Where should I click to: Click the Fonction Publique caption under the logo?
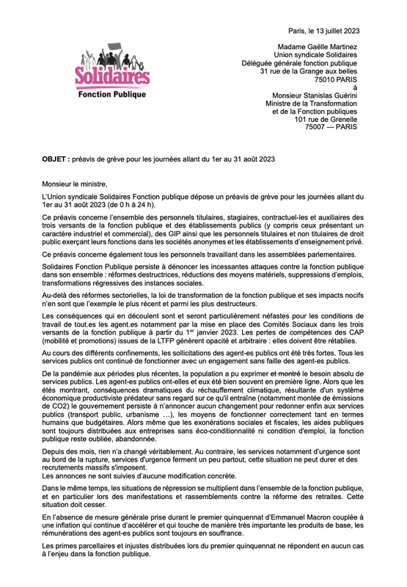pyautogui.click(x=111, y=94)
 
